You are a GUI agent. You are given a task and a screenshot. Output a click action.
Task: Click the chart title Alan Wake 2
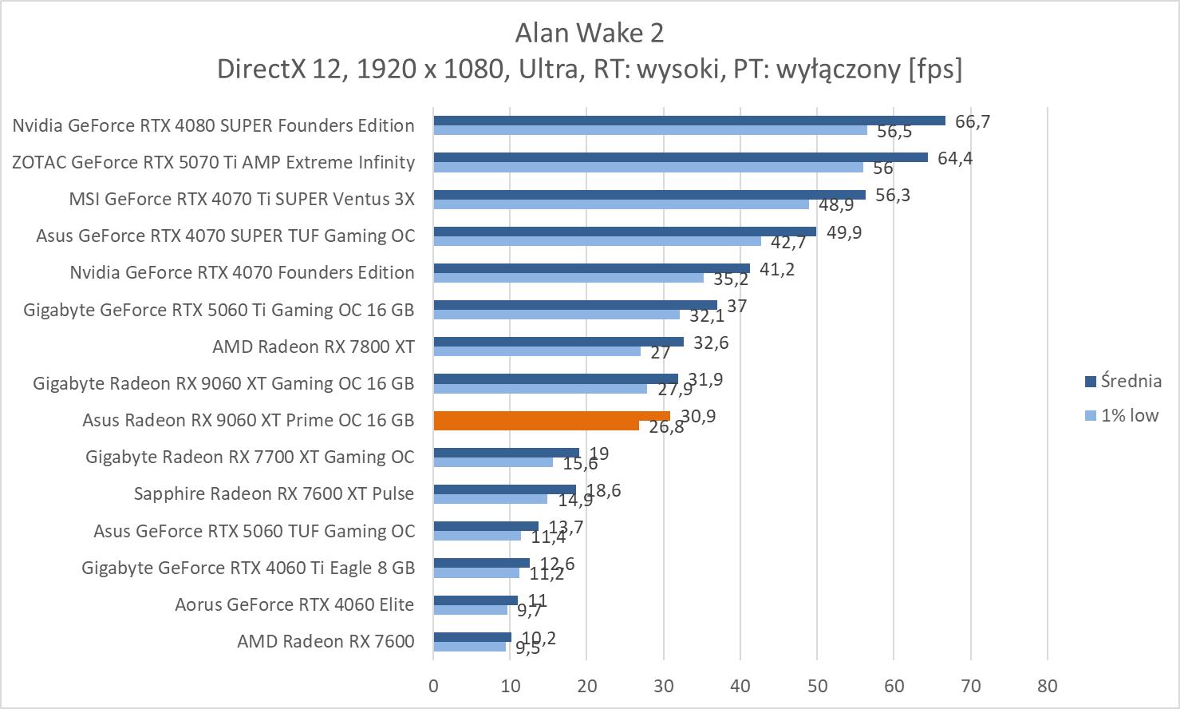coord(589,33)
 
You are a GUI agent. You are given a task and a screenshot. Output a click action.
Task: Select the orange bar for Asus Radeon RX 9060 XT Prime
coord(551,420)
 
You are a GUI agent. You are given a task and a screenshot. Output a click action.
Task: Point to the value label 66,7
coord(972,121)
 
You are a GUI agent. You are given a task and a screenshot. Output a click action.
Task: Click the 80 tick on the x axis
coord(1047,686)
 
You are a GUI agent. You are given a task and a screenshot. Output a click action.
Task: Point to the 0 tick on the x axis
coord(433,686)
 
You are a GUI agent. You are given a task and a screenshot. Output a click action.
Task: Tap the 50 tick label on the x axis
coord(817,686)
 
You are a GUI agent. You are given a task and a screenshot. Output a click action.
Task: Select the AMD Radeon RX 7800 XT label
coord(313,347)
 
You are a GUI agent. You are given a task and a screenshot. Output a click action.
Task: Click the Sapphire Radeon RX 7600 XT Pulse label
coord(274,493)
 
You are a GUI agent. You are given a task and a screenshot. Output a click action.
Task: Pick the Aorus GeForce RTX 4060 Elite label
coord(294,604)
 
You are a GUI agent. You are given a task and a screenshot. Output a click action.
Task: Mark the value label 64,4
coord(954,158)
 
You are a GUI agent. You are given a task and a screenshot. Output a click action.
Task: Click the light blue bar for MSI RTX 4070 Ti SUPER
coord(621,204)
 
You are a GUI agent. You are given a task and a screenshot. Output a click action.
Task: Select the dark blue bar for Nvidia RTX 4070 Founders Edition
coord(591,268)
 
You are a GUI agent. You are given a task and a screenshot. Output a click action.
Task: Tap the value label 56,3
coord(892,196)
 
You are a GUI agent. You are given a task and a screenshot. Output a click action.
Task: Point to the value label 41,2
coord(776,269)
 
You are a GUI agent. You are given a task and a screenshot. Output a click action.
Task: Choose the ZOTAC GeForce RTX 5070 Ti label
coord(213,162)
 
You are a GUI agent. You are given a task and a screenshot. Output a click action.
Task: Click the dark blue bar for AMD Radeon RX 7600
coord(472,637)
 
